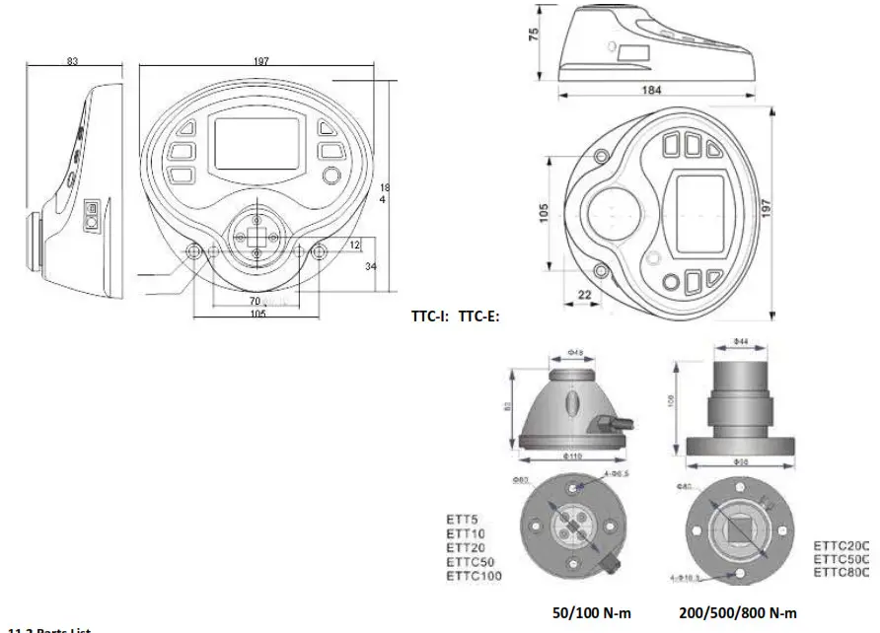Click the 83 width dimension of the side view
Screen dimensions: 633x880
[72, 61]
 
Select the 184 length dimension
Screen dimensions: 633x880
[651, 90]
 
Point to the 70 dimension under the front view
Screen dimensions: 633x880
[254, 300]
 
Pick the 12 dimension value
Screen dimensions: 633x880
[354, 243]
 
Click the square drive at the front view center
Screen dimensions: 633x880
[256, 237]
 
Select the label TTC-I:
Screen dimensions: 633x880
[431, 317]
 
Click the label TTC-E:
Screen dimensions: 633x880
[479, 317]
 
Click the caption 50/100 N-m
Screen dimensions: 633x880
[592, 612]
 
